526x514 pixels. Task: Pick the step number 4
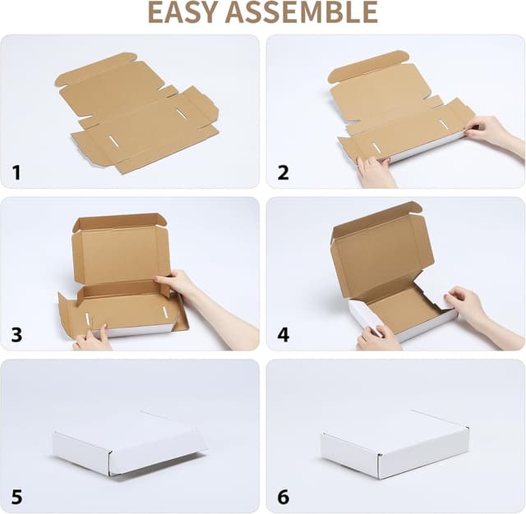(x=283, y=334)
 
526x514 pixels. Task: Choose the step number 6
(x=283, y=496)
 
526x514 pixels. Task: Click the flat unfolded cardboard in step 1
(x=136, y=115)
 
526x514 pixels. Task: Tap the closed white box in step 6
(x=394, y=443)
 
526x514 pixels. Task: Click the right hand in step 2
(x=491, y=131)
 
